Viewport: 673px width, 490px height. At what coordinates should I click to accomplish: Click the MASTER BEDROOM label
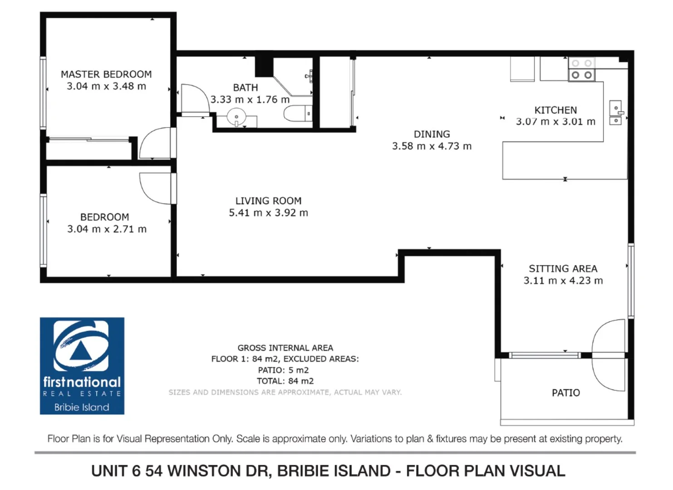[106, 74]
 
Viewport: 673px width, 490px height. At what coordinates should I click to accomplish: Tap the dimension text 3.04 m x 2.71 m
[107, 229]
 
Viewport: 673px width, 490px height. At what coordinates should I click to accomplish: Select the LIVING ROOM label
[268, 201]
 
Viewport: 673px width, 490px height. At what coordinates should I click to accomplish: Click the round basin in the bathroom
[236, 117]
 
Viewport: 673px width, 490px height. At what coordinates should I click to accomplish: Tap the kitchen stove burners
[582, 69]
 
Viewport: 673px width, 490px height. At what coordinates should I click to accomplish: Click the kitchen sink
[615, 113]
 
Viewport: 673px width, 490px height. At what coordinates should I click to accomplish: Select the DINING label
[432, 134]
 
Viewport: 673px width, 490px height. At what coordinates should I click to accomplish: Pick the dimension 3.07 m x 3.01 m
[555, 122]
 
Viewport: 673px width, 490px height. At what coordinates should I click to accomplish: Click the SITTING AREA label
[563, 269]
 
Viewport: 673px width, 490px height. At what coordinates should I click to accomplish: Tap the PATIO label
[565, 393]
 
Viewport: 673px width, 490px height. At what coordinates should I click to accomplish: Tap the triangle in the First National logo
[81, 351]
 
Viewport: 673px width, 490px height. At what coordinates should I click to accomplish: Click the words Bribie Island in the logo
[82, 407]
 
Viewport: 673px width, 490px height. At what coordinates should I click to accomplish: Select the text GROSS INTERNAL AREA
[285, 348]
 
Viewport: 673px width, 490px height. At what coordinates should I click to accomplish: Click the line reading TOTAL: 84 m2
[285, 381]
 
